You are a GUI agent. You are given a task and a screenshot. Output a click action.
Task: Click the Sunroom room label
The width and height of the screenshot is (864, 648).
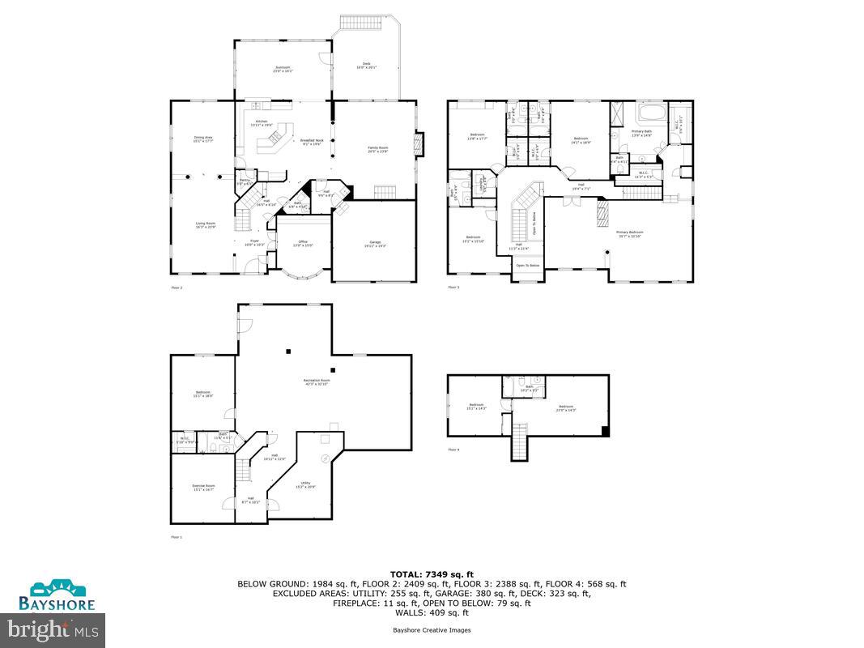click(282, 69)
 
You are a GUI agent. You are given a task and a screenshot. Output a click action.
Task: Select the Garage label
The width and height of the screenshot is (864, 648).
click(375, 244)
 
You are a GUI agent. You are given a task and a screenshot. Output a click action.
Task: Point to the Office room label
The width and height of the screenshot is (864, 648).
click(303, 244)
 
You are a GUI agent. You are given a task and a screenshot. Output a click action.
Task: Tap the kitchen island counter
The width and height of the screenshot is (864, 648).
click(273, 141)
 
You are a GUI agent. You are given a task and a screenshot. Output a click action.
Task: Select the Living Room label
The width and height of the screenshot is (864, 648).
click(205, 225)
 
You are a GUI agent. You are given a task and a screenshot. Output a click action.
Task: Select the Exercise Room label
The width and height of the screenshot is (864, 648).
click(202, 488)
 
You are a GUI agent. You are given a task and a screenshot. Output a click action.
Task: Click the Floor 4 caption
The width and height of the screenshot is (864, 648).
click(453, 450)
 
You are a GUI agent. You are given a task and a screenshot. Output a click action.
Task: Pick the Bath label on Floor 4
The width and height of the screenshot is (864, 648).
click(530, 388)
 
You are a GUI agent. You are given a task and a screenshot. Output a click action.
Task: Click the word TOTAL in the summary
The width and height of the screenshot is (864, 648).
click(406, 573)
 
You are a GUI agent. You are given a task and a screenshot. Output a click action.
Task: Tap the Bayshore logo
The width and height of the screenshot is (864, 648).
click(62, 595)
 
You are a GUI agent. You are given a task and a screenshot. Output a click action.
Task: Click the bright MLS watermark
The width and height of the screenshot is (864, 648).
click(53, 628)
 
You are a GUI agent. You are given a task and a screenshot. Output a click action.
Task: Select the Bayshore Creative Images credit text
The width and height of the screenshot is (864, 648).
click(432, 629)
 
